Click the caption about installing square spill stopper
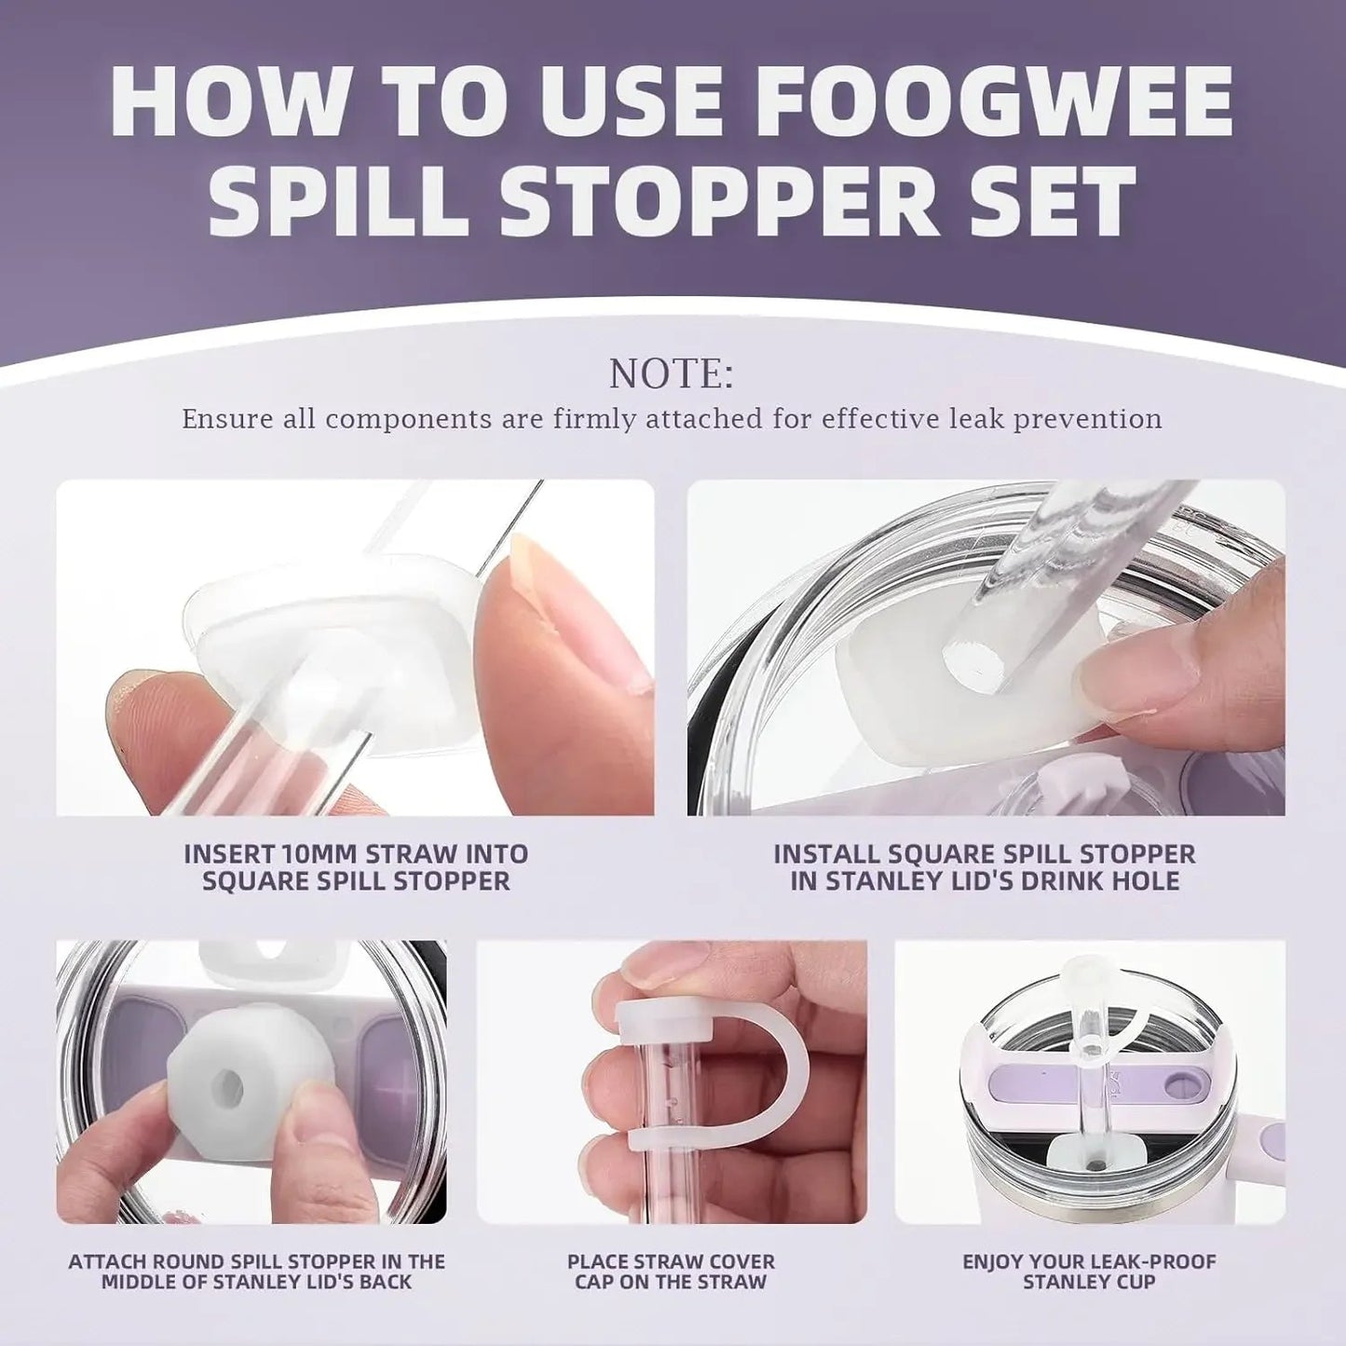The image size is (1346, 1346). coord(986,867)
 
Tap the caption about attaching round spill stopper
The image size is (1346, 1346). coord(256,1271)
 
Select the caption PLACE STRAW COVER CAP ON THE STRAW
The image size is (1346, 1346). coord(671,1271)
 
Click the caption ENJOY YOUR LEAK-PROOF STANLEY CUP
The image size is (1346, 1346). coord(1089,1271)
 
